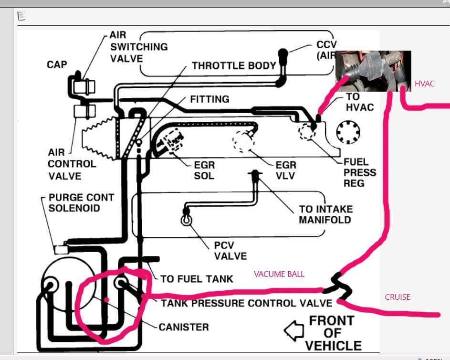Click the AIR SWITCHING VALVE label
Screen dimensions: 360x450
[x=138, y=47]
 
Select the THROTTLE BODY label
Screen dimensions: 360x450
[x=234, y=65]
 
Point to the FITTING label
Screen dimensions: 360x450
[x=209, y=99]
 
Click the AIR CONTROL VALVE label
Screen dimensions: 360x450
[x=72, y=164]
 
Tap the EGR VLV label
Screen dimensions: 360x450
[x=286, y=170]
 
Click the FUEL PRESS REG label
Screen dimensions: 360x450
[x=360, y=172]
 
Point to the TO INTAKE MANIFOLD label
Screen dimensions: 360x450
[x=325, y=214]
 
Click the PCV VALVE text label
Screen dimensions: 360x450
[x=230, y=251]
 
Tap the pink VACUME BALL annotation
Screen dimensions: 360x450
[x=279, y=274]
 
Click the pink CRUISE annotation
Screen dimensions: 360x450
[x=397, y=297]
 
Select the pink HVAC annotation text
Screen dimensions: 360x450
[x=424, y=84]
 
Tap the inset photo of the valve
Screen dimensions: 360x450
[x=373, y=71]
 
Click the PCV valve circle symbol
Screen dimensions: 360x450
[x=186, y=220]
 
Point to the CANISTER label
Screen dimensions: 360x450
[x=184, y=327]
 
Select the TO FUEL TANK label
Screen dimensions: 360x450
[x=197, y=278]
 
